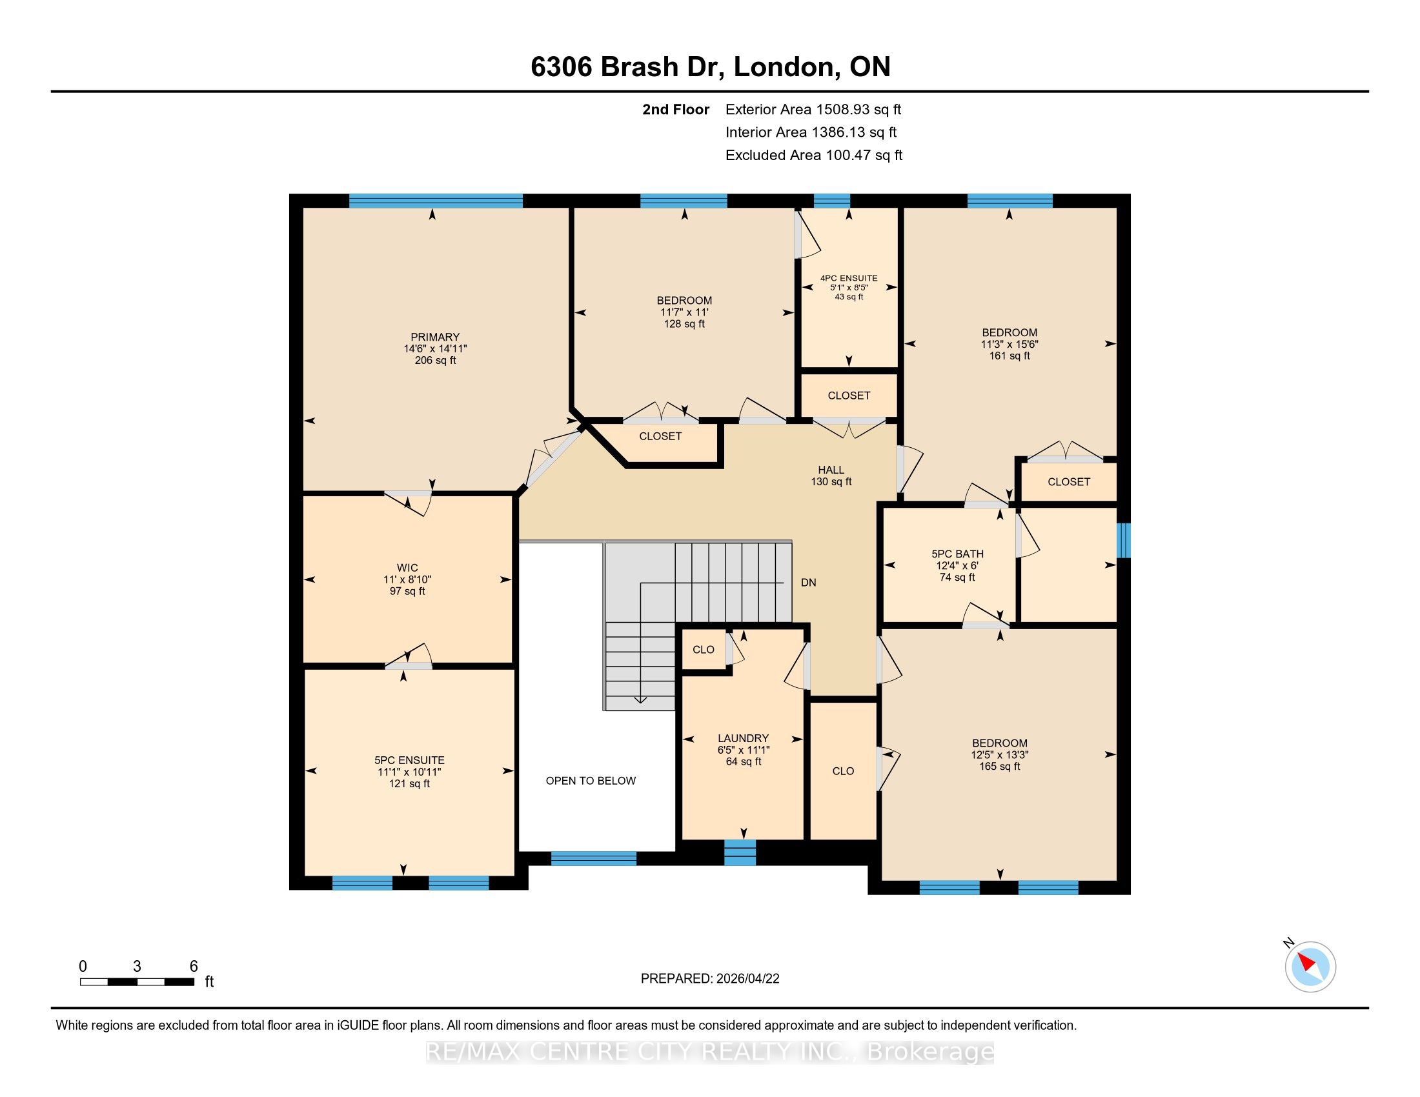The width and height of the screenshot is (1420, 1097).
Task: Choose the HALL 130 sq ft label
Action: [x=831, y=476]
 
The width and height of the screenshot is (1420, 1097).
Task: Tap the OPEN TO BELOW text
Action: [x=591, y=781]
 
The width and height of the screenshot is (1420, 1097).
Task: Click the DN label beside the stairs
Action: [x=808, y=582]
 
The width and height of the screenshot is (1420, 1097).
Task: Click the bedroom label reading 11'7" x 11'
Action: [x=684, y=312]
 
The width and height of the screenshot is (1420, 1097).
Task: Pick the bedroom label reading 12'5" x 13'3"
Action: [x=1000, y=754]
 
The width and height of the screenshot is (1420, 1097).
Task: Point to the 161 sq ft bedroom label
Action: [x=1009, y=344]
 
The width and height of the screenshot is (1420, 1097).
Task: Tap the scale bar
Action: [x=137, y=982]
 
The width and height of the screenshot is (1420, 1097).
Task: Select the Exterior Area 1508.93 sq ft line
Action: [x=813, y=109]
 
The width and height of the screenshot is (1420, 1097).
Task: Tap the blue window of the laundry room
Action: [x=740, y=852]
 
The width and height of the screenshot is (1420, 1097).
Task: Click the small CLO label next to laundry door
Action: [x=704, y=649]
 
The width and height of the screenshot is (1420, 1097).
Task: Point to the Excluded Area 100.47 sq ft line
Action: [x=814, y=155]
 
